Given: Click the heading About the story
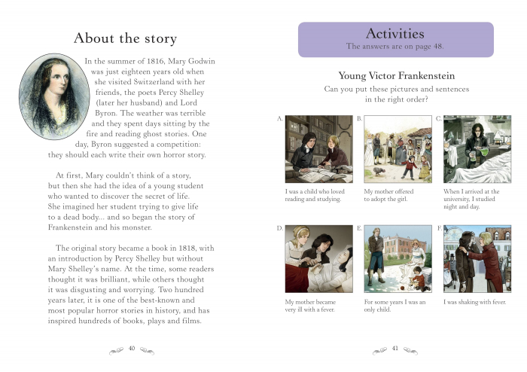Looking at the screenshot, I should (x=125, y=38).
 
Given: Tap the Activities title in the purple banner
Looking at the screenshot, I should (x=394, y=34).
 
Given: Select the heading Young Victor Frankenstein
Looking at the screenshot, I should (x=396, y=75).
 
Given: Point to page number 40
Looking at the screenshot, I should (x=132, y=348).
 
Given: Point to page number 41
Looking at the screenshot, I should (x=395, y=348).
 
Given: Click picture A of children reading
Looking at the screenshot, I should (x=318, y=148).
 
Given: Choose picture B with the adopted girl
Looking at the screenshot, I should (x=397, y=148).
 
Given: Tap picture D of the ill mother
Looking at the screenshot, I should (x=318, y=258).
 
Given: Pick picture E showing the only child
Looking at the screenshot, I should (x=397, y=258).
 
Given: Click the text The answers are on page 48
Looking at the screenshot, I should (x=395, y=47).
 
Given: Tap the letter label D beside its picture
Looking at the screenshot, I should (x=280, y=227).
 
